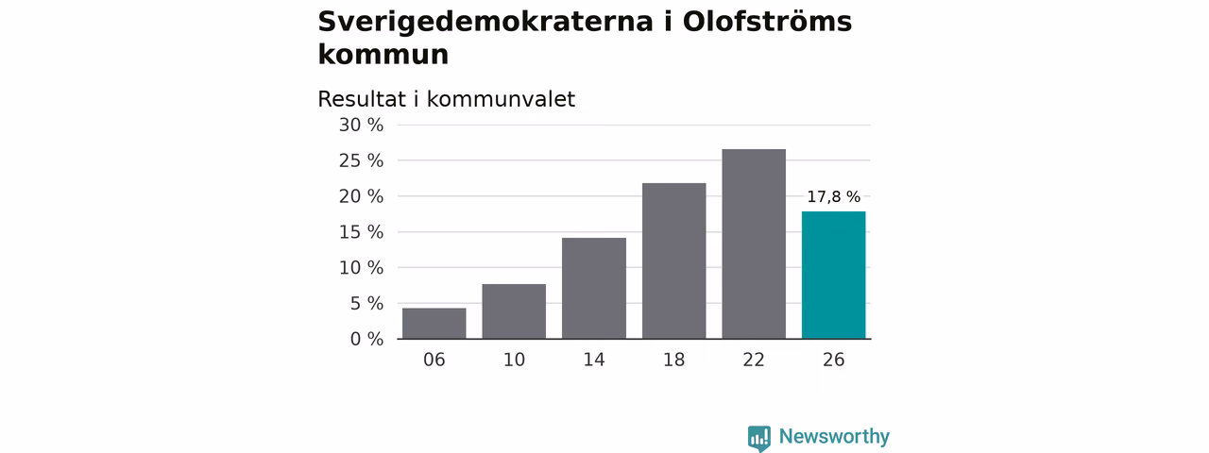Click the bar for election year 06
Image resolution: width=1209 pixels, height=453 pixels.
[x=434, y=324]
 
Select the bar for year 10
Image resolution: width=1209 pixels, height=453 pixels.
[x=514, y=311]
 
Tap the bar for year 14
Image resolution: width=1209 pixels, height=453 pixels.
[x=594, y=288]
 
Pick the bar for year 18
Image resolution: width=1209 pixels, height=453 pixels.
[x=673, y=261]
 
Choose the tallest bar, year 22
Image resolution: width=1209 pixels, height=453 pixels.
[x=754, y=243]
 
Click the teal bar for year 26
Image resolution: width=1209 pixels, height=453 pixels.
[x=833, y=275]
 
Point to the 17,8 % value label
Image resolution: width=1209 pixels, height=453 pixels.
[x=833, y=197]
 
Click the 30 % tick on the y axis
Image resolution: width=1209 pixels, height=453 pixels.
[x=361, y=126]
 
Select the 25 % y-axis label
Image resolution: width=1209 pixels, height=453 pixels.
[x=361, y=160]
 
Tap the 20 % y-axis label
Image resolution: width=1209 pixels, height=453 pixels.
[x=361, y=196]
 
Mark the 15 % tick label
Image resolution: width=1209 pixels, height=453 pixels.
[x=361, y=232]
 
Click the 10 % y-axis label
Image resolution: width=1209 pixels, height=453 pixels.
[x=361, y=268]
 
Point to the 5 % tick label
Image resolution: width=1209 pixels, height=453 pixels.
[x=367, y=304]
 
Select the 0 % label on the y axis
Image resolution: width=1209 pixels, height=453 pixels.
[x=367, y=339]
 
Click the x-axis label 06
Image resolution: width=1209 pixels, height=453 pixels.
[x=434, y=360]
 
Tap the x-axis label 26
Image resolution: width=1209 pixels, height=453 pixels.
[x=833, y=360]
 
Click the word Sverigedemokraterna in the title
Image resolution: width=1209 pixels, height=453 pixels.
[x=485, y=22]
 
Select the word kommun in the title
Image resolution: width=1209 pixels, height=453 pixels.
[x=383, y=55]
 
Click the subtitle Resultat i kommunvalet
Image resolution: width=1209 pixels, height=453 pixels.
[x=447, y=99]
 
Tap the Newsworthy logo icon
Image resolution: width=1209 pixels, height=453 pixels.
[x=758, y=438]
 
